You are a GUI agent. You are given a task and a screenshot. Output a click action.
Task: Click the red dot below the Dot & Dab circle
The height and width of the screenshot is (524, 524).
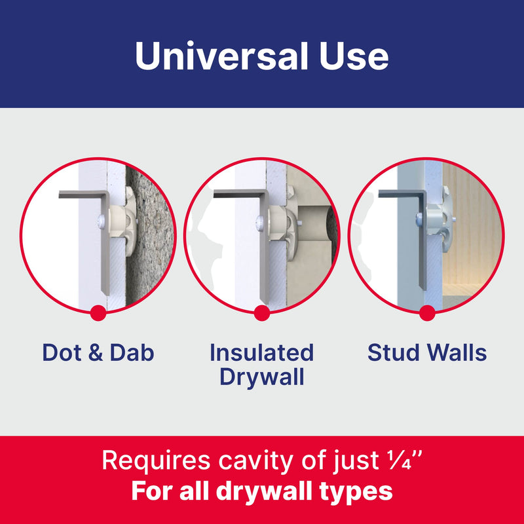[x=98, y=312]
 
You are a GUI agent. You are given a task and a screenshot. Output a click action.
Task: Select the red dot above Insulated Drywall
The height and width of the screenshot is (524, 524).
[x=262, y=312]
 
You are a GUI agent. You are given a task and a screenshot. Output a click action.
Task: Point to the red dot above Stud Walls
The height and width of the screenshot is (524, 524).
[x=427, y=312]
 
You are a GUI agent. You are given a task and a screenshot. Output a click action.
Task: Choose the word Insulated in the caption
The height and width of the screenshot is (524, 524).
[x=262, y=353]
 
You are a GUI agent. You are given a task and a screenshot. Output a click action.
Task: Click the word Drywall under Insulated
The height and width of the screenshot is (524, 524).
[x=262, y=377]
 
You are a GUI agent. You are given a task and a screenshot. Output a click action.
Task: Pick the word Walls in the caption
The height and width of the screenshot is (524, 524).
[x=457, y=353]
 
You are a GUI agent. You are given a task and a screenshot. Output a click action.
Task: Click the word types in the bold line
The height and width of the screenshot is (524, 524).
[x=356, y=491]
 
